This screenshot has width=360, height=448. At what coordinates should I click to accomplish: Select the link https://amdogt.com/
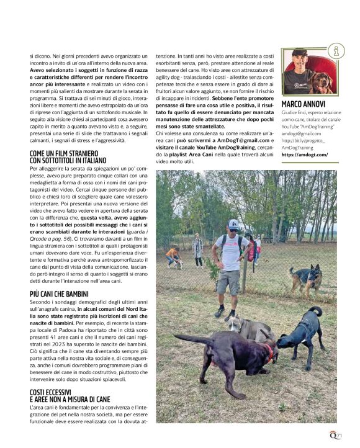304,155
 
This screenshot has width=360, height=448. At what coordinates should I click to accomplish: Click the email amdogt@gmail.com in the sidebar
302,133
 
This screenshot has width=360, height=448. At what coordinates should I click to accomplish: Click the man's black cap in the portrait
300,53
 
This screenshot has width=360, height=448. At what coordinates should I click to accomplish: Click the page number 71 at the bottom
338,436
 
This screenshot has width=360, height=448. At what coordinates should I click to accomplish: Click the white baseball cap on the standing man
233,223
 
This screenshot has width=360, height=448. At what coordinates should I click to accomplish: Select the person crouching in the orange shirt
173,255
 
